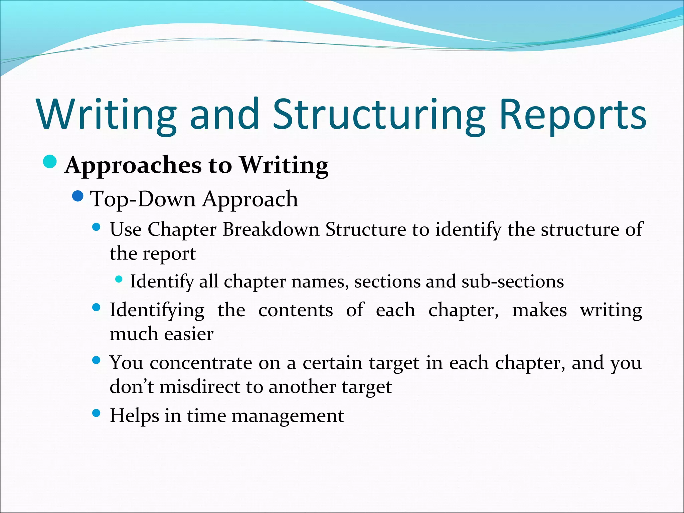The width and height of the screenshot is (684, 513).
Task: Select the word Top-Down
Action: [x=144, y=199]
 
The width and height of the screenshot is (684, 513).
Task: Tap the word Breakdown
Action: [x=271, y=230]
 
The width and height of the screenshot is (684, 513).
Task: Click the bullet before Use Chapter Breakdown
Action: [x=96, y=227]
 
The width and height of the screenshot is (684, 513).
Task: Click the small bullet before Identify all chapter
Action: [x=119, y=279]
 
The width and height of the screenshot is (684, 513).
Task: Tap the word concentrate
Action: [x=201, y=363]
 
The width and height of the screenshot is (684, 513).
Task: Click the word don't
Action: [x=132, y=387]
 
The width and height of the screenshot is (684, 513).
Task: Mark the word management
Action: [x=288, y=416]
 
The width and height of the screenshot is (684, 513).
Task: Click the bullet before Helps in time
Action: [x=96, y=413]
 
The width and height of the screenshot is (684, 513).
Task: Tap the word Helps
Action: [x=134, y=416]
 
